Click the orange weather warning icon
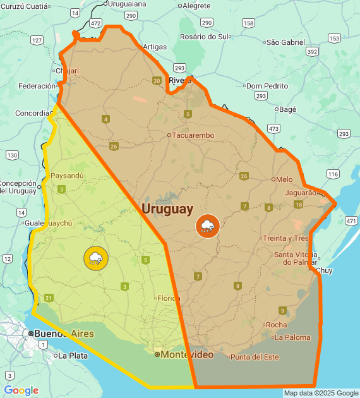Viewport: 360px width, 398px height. pos(207,226)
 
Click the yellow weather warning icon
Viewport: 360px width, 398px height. pos(96,258)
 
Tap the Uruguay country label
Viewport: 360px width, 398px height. pos(167,208)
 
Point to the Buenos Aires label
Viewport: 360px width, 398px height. pos(63,334)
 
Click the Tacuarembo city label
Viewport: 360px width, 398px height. pos(193,135)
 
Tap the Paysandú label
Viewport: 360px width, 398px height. pos(67,176)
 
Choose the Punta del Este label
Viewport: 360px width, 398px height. pos(254,357)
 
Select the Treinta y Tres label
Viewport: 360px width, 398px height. pos(286,238)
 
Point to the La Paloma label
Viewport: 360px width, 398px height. pos(292,337)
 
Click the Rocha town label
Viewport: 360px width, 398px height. pos(276,325)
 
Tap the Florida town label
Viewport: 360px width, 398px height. pos(169,298)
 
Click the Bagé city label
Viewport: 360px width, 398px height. pos(287,109)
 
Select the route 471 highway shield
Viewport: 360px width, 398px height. pos(351,221)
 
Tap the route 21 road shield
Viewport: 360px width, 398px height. pos(49,298)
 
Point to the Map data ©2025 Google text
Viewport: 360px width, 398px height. pos(320,393)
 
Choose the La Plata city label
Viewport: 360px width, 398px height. pos(72,356)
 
